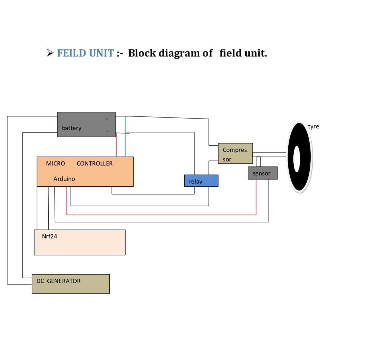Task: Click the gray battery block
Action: click(86, 124)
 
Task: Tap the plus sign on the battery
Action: click(107, 119)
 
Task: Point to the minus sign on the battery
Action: click(107, 131)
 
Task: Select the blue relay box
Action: click(201, 181)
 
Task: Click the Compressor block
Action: click(235, 153)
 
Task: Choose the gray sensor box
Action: click(262, 173)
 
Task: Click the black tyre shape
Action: click(300, 170)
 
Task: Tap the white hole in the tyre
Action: click(297, 159)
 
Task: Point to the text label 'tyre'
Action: click(313, 126)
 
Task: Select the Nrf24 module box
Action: click(80, 242)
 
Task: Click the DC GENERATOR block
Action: click(71, 284)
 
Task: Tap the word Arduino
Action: click(64, 178)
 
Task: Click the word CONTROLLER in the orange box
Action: click(94, 163)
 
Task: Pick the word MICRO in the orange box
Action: click(55, 163)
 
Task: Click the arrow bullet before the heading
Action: click(50, 53)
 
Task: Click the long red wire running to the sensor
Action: click(160, 215)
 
